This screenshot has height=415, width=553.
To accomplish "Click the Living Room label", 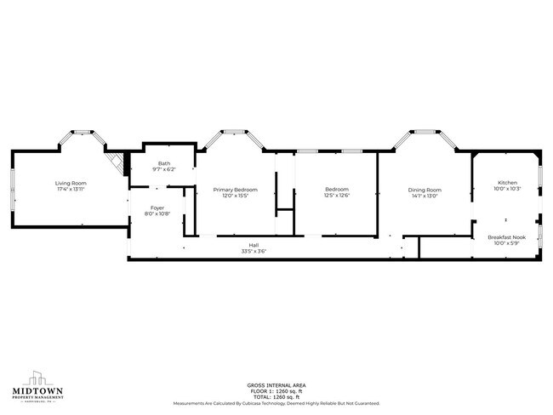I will [71, 183].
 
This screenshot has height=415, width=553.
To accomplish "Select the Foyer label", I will [157, 207].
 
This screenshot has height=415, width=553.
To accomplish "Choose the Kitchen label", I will [507, 183].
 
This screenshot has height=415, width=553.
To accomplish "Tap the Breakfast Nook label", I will [507, 237].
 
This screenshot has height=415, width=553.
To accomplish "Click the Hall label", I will [254, 245].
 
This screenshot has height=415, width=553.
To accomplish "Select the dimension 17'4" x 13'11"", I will [71, 189].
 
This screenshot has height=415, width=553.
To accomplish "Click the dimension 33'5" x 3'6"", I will [254, 251].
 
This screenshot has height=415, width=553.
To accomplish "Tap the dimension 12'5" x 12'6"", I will [337, 195].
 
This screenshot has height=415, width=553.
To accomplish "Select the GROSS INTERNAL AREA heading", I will [276, 385].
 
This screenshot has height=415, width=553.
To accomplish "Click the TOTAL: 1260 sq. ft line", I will [276, 397].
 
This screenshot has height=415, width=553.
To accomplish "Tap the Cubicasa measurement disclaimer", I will [276, 403].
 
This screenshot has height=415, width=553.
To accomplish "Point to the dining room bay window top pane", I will [425, 132].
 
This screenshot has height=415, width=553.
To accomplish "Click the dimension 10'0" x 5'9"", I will [507, 243].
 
